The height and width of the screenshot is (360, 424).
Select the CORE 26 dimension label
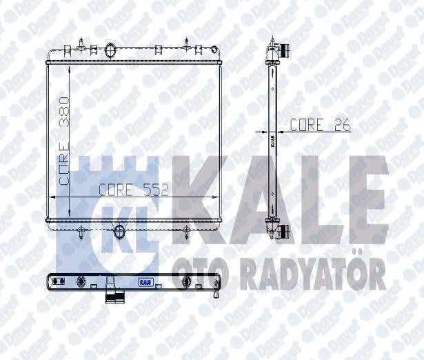click(320, 125)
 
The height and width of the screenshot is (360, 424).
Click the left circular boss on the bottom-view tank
click(81, 281)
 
